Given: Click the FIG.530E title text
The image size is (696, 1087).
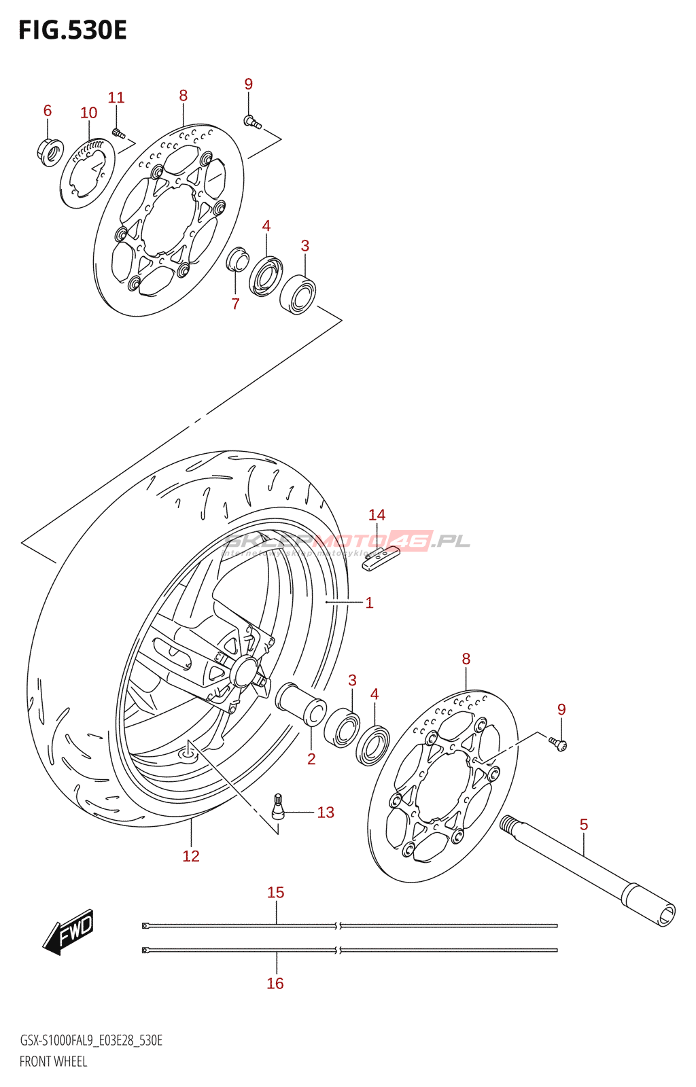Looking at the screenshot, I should [73, 31].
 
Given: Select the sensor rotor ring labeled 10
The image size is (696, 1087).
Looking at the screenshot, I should [87, 174].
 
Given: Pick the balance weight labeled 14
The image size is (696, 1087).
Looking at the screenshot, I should [381, 559].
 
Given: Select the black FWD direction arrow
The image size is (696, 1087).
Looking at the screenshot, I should [68, 931].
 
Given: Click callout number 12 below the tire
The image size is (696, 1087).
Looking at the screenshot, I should [191, 856].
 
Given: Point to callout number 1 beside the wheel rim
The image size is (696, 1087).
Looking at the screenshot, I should [369, 603].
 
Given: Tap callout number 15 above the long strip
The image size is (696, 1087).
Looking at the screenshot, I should [275, 892].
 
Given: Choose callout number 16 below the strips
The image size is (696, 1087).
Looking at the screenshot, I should [275, 983].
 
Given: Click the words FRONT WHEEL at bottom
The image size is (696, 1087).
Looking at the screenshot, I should [53, 1061].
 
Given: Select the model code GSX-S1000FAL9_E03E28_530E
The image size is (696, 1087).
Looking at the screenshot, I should [91, 1040].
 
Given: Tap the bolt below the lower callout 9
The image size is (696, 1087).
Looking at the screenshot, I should [559, 745].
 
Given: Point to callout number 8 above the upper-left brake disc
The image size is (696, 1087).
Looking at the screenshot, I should [183, 96].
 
